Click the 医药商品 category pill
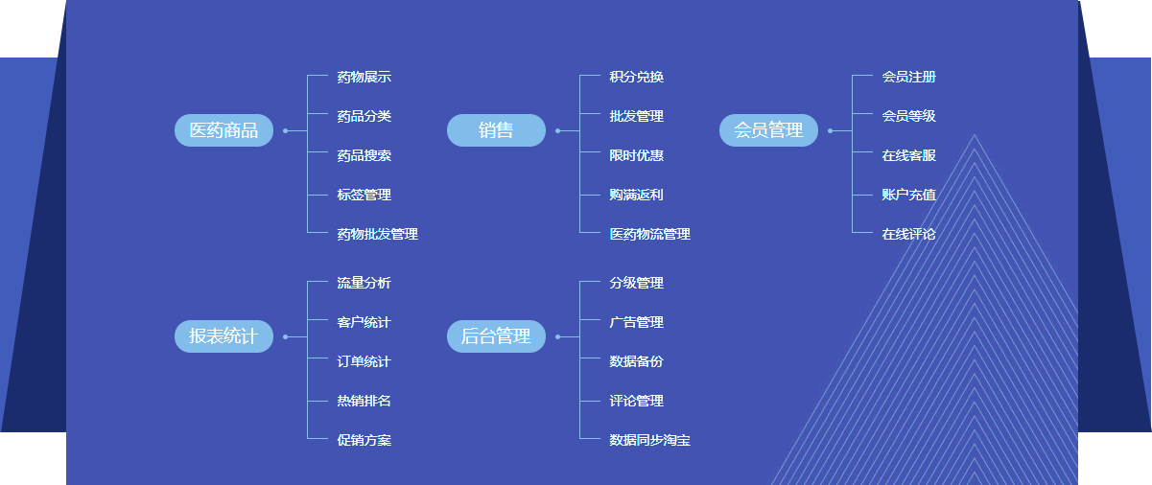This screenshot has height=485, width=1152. (223, 130)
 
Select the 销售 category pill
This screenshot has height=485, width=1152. (496, 130)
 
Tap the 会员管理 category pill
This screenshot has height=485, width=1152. (768, 130)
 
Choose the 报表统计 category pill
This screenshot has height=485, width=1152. (223, 336)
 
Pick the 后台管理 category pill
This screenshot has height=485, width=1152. (496, 336)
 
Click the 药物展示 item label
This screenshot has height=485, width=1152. (364, 77)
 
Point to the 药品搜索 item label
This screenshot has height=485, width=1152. (364, 155)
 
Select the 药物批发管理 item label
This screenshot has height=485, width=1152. (377, 234)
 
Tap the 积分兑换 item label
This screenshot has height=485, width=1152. (636, 77)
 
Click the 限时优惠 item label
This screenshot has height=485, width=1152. (636, 155)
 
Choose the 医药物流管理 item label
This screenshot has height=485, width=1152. (649, 234)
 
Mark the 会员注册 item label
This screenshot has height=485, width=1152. (908, 77)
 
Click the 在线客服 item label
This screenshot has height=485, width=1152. (908, 155)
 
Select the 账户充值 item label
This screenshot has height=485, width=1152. (908, 195)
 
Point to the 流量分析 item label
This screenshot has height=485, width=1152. (364, 283)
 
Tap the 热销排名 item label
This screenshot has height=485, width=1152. (364, 401)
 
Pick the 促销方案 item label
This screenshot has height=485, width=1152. (364, 440)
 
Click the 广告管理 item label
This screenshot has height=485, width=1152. (636, 322)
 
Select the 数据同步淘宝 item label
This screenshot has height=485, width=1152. (649, 440)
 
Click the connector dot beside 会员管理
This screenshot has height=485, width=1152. (830, 130)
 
